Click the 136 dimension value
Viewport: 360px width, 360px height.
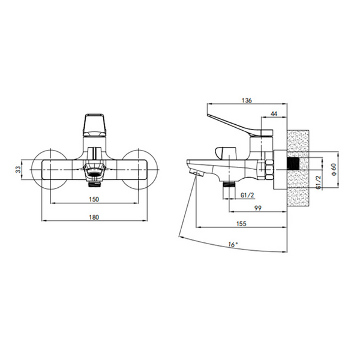(247, 100)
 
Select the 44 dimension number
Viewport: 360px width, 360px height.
(274, 113)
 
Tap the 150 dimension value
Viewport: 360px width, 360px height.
(94, 199)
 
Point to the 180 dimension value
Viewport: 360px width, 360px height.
(94, 217)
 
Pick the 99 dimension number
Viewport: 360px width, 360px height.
(258, 208)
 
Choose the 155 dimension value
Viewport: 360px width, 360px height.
(241, 223)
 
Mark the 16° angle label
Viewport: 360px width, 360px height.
(233, 245)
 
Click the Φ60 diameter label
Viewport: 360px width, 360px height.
(334, 170)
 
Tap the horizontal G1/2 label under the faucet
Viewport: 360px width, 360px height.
(247, 195)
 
